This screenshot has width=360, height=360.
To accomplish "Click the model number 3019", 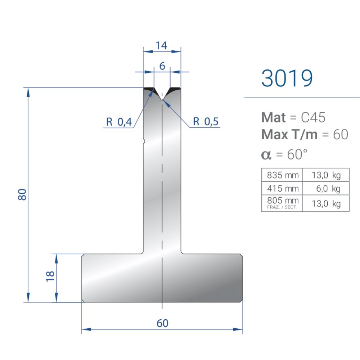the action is (287, 78).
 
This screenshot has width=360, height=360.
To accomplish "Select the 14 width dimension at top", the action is (161, 45).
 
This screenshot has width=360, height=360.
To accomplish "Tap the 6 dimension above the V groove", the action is (162, 66).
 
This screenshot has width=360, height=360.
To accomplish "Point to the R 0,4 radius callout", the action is (119, 122).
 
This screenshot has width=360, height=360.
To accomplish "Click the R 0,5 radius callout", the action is (206, 121).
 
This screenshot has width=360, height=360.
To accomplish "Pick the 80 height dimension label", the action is (22, 194).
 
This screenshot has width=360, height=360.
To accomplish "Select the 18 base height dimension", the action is (50, 276).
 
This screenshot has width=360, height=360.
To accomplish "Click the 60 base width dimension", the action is (162, 323).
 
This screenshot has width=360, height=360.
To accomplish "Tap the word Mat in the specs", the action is (273, 117).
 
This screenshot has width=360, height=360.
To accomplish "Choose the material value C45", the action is (313, 117).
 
